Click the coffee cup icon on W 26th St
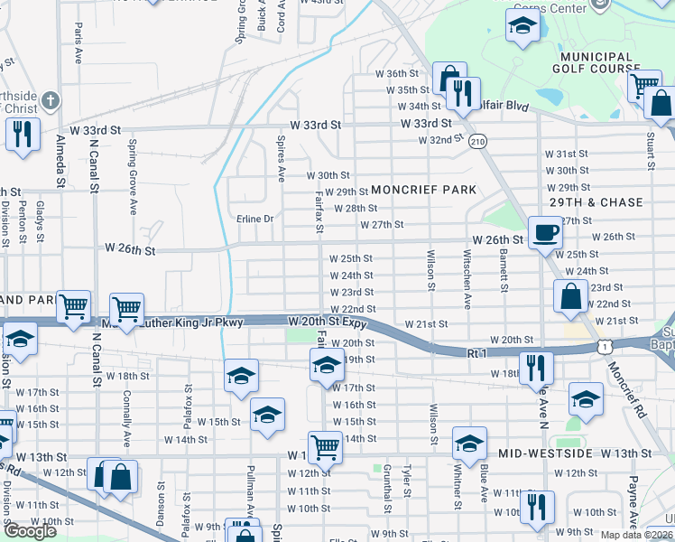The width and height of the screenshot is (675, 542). point(544,232)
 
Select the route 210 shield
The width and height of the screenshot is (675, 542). point(477,142)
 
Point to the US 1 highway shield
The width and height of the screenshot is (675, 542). point(603,347)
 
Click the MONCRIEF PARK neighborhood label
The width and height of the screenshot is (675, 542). point(423,191)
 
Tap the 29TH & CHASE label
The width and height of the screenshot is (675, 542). point(593,203)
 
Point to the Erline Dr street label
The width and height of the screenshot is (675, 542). point(254,219)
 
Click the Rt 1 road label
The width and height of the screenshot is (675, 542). point(478,353)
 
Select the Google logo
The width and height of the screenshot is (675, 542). point(30,530)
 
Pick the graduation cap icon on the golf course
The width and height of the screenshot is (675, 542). point(522,28)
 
